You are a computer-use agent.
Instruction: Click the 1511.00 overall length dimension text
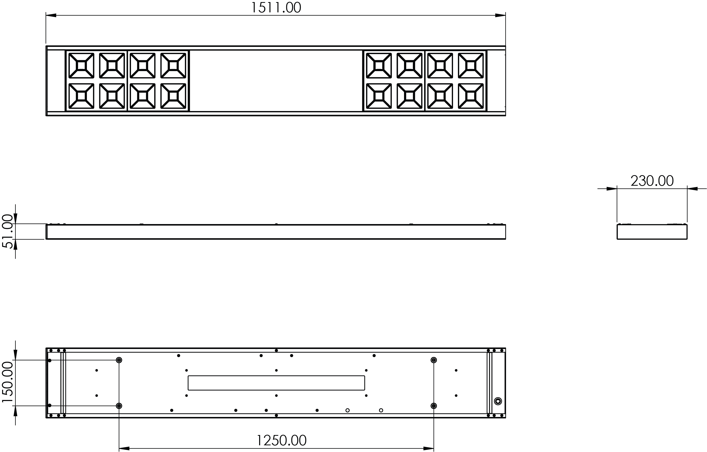pos(276,8)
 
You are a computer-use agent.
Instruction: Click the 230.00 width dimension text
pos(652,181)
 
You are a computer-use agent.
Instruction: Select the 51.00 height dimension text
pos(8,232)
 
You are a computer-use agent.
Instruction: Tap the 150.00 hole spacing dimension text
pos(8,382)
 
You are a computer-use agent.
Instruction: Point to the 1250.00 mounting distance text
pos(282,440)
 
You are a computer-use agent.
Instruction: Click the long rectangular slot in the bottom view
pos(276,383)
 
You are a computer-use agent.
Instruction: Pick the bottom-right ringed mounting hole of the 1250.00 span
pos(434,406)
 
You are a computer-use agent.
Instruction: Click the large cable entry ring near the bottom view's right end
pos(498,401)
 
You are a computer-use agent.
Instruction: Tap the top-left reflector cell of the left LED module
pos(81,65)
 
